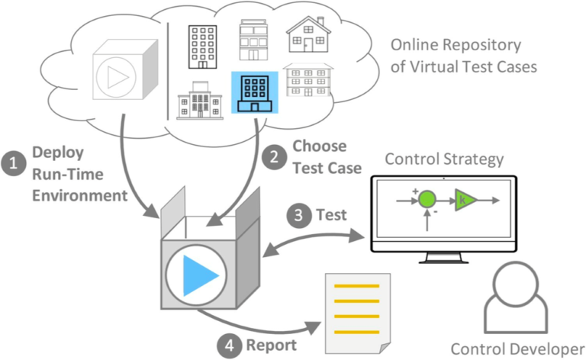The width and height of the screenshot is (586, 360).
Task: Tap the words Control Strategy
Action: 444,159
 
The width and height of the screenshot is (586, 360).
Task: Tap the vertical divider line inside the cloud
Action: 168,72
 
